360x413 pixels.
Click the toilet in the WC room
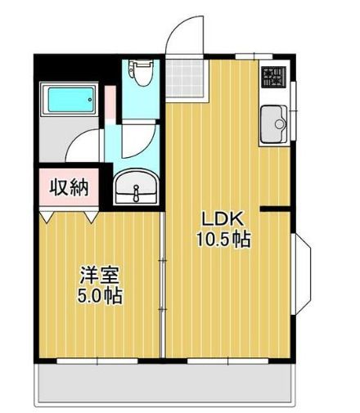tap(141, 73)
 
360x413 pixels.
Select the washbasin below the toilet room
tap(136, 186)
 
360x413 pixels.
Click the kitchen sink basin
tap(273, 124)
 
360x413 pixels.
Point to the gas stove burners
tap(273, 78)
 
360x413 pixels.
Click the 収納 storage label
tap(69, 187)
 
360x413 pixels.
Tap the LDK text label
tap(222, 219)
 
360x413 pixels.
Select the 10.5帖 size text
tap(223, 240)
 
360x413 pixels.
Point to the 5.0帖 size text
tap(100, 295)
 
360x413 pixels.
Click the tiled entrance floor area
tap(185, 79)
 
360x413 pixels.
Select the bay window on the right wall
tap(301, 274)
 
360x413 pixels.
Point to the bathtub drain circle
tap(90, 100)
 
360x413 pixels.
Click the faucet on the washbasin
tap(136, 192)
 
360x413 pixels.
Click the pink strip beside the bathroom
tap(110, 102)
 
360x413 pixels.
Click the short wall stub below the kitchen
tap(275, 209)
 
